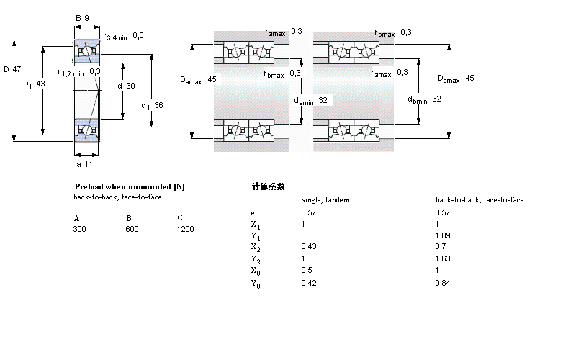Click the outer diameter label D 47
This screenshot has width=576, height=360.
[x=12, y=69]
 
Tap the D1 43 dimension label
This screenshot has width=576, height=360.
[x=34, y=84]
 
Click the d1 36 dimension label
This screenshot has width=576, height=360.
[x=152, y=106]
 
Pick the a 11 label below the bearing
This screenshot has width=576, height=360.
[x=84, y=164]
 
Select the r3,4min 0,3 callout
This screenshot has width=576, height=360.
[x=123, y=37]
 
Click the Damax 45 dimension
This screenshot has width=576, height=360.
[x=198, y=80]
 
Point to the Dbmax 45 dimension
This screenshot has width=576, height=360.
[x=456, y=78]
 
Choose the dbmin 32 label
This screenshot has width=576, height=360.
[x=424, y=99]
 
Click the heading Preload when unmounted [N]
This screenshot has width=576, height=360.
[x=130, y=186]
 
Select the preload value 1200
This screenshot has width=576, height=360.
[x=185, y=229]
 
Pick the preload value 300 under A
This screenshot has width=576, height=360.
[x=79, y=229]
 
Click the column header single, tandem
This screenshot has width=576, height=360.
[x=325, y=199]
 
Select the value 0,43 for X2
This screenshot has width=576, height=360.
[x=307, y=247]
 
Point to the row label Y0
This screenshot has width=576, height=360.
[x=254, y=284]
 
